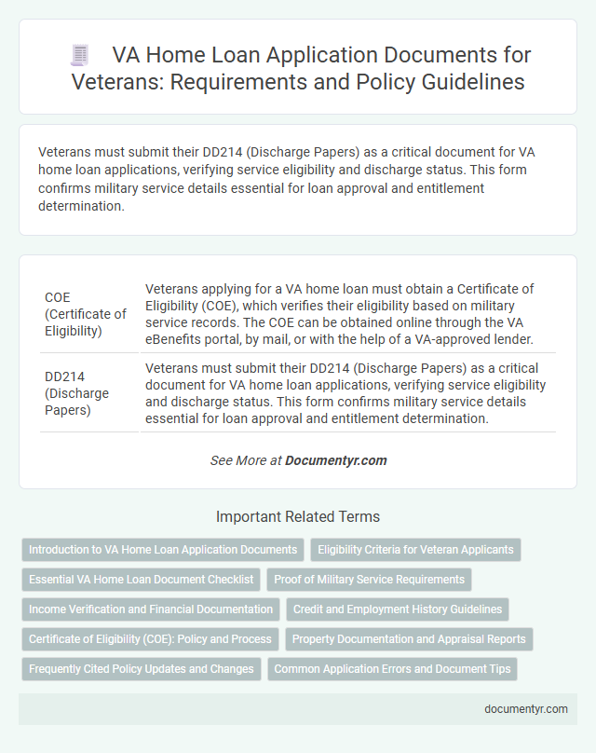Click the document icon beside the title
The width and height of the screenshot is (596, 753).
80,55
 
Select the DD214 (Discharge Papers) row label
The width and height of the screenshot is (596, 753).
77,392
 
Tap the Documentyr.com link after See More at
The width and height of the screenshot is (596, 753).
335,460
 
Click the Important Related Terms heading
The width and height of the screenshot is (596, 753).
298,516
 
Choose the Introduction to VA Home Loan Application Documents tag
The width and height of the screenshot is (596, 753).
163,550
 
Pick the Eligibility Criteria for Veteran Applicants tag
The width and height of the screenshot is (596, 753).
415,550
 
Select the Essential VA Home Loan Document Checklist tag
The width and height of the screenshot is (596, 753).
141,580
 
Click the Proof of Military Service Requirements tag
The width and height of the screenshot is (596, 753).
369,580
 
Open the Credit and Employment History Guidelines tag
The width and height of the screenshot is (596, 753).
398,609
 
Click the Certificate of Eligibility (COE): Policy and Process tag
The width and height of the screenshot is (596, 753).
150,639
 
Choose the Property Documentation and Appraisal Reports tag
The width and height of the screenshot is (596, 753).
409,639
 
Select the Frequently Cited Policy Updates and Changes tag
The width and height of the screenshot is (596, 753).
141,669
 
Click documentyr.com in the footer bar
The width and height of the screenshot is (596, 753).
526,708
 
